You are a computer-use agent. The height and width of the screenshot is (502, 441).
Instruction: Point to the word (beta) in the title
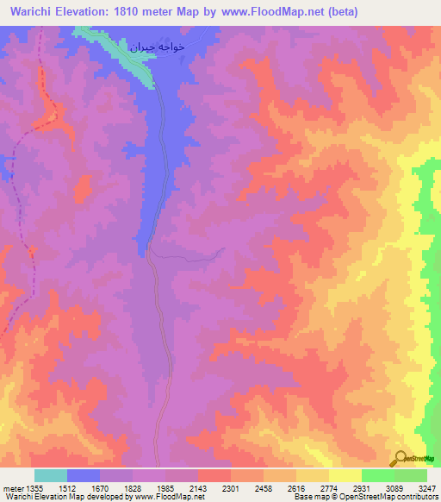(338, 12)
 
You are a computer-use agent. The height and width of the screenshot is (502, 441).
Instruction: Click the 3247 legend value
(425, 488)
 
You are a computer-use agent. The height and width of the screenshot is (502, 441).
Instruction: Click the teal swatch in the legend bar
(51, 475)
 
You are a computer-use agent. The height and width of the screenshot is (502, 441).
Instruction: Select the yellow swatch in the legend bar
(345, 475)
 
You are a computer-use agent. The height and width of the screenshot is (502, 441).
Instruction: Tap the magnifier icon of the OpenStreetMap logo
(400, 458)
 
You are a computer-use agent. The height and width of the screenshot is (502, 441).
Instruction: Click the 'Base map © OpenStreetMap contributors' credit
(365, 498)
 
